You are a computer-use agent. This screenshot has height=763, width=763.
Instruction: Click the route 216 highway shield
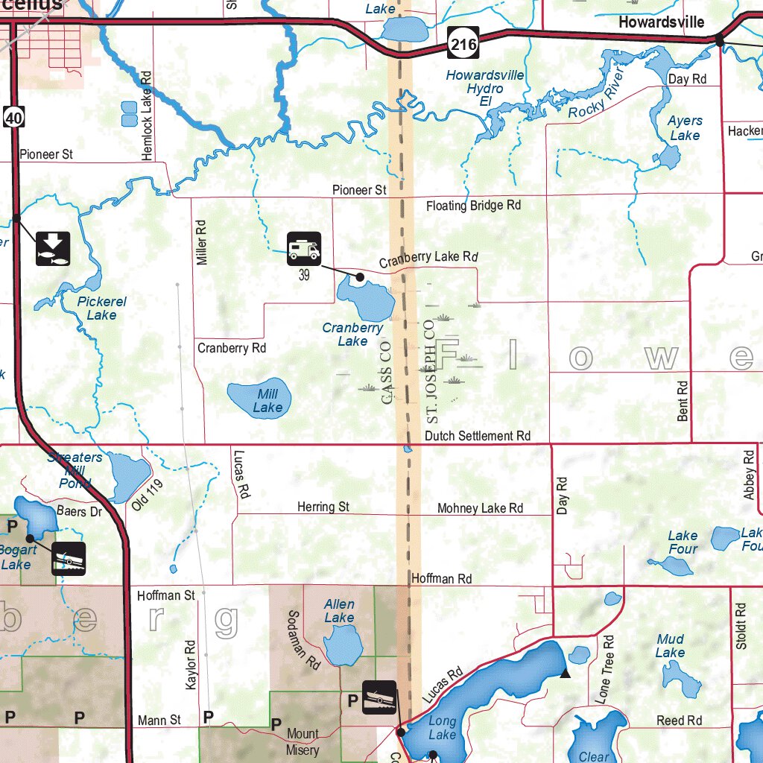coord(463,45)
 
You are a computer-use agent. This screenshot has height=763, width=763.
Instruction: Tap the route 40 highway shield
coord(14,115)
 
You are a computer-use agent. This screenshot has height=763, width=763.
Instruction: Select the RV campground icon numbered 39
coord(304,249)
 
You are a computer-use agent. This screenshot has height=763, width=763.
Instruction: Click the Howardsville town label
coord(661,22)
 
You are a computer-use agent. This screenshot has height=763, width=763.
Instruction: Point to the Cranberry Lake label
coord(352,334)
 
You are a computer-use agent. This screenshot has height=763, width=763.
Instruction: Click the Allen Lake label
coord(339,611)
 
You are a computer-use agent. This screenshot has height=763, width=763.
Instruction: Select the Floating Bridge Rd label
coord(473,205)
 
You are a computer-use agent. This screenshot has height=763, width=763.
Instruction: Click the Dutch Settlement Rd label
coord(478,435)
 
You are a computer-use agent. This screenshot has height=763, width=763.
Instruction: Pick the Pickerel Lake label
coord(101,308)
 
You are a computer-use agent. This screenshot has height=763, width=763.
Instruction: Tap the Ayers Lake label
coord(685,127)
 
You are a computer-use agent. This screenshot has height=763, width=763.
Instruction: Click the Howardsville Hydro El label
coord(485,88)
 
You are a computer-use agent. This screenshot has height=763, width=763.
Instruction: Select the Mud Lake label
coord(670,645)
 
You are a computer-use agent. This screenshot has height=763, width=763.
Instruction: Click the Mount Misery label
coord(303,741)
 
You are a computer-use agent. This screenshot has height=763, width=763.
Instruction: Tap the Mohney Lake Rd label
coord(480,508)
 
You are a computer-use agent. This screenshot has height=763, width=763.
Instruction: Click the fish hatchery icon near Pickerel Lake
coord(53,249)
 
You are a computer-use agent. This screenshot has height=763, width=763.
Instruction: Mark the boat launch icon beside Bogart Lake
coord(69,558)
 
